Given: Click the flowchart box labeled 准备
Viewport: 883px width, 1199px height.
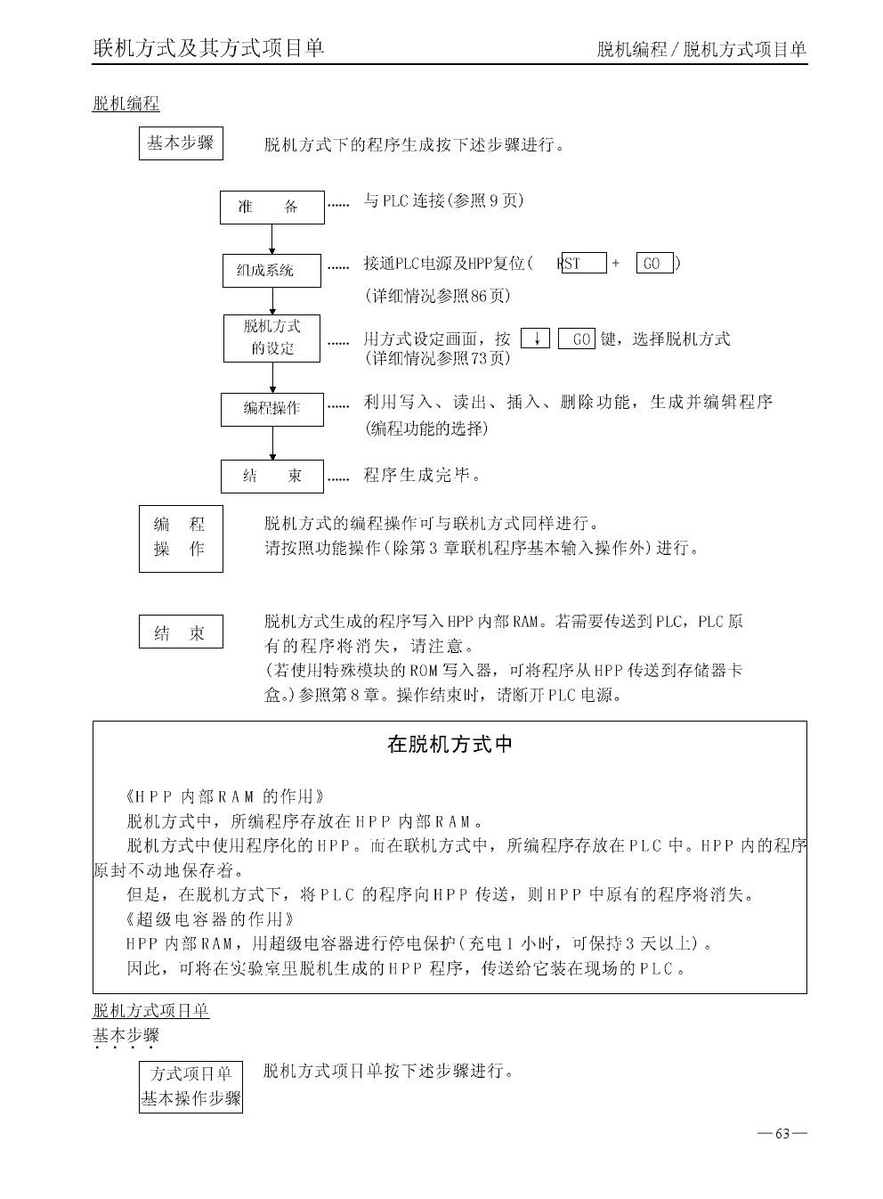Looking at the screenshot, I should coord(271,208).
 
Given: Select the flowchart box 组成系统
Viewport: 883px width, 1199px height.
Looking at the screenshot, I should coord(271,270).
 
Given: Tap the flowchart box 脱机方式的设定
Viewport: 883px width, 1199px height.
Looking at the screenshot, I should coord(271,338).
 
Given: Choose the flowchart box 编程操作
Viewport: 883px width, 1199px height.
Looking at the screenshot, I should coord(271,409).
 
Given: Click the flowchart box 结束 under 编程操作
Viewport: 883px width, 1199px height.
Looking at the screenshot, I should coord(271,477).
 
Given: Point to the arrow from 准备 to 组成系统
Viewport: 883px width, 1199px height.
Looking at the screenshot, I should coord(272,239).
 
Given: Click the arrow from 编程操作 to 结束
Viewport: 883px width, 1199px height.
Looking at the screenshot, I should coord(272,443).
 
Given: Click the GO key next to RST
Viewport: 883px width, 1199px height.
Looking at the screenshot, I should coord(653,263).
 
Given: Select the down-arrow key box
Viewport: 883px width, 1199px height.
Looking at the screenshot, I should coord(535,338).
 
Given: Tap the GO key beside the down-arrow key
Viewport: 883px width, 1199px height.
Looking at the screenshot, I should coord(576,338).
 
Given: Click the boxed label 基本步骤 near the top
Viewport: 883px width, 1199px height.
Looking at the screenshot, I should coord(181,143).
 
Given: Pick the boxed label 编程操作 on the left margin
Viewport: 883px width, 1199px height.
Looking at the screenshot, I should coord(181,538).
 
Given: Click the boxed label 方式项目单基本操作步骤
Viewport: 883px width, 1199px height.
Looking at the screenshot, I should coord(191,1087).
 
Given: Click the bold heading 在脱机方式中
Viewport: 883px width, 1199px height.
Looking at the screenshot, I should coord(450,745).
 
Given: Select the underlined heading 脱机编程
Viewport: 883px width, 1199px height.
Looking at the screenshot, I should coord(126,104).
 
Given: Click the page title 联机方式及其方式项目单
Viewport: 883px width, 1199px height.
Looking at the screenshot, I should coord(209,48).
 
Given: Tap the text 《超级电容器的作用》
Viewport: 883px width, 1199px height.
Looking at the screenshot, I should coord(210,918).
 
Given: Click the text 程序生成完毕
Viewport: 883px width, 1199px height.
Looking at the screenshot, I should coord(422,476).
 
